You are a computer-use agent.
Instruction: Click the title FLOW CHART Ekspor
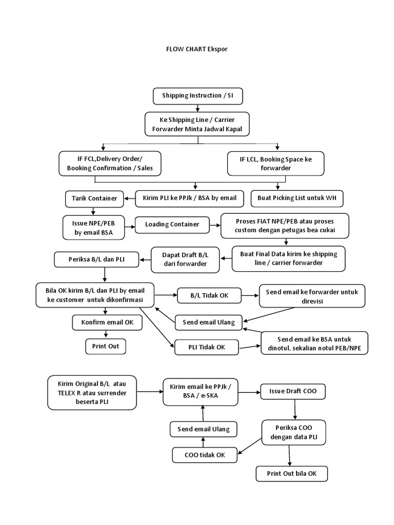[x=196, y=49]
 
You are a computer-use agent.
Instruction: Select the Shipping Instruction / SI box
[x=198, y=96]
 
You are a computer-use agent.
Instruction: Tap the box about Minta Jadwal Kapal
[x=197, y=124]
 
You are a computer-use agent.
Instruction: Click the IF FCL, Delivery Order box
[x=110, y=164]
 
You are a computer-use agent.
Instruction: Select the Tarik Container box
[x=93, y=198]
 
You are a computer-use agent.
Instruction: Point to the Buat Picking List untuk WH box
[x=297, y=198]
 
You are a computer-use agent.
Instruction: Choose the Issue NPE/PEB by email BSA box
[x=94, y=228]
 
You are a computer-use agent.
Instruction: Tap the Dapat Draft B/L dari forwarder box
[x=184, y=259]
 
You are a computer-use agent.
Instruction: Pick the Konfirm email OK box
[x=104, y=322]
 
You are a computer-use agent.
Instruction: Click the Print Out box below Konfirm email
[x=106, y=346]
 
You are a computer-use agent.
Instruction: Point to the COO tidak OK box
[x=205, y=454]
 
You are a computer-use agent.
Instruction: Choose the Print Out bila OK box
[x=291, y=474]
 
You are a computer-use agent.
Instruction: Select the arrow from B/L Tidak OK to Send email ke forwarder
[x=249, y=295]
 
